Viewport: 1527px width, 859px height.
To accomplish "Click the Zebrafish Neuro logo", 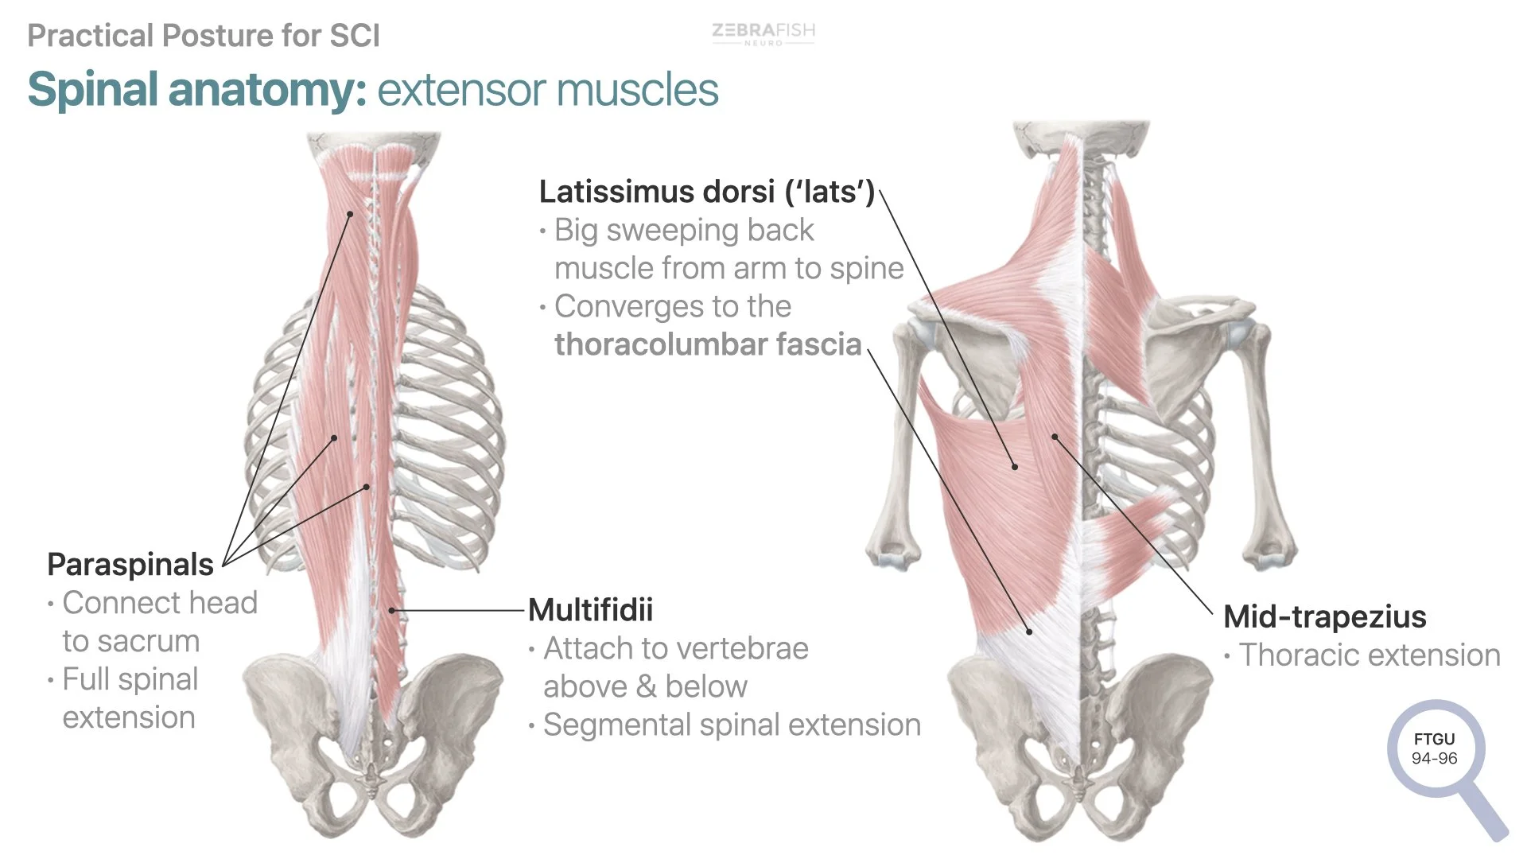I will click(763, 33).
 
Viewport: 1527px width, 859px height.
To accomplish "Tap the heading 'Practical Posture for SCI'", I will click(204, 36).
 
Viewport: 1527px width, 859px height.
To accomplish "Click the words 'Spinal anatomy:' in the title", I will click(197, 89).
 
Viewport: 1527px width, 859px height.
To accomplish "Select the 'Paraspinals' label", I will click(130, 565).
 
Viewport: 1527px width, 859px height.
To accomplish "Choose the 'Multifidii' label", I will click(590, 610).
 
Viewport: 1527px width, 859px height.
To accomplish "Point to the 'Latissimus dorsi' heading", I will click(706, 192).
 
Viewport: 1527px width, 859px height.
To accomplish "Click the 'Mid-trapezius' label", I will click(1324, 616).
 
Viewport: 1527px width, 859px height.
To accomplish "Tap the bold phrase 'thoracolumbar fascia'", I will click(708, 344).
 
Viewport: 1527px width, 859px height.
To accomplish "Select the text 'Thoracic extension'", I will click(1370, 655).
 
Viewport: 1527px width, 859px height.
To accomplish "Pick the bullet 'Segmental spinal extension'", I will click(732, 725).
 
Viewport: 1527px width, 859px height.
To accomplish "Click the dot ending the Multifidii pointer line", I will click(392, 611).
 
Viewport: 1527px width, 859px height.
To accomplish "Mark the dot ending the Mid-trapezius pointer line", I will click(1055, 437).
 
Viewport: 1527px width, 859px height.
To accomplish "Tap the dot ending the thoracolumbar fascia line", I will click(1029, 632).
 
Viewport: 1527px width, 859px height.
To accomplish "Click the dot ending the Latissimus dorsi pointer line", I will click(1015, 467).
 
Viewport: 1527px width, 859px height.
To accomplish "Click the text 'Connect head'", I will click(160, 603).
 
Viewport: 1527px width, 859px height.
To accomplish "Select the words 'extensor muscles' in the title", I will click(547, 89).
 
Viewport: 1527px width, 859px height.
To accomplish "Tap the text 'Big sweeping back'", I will click(684, 230).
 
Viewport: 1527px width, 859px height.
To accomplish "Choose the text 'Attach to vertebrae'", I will click(676, 649).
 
